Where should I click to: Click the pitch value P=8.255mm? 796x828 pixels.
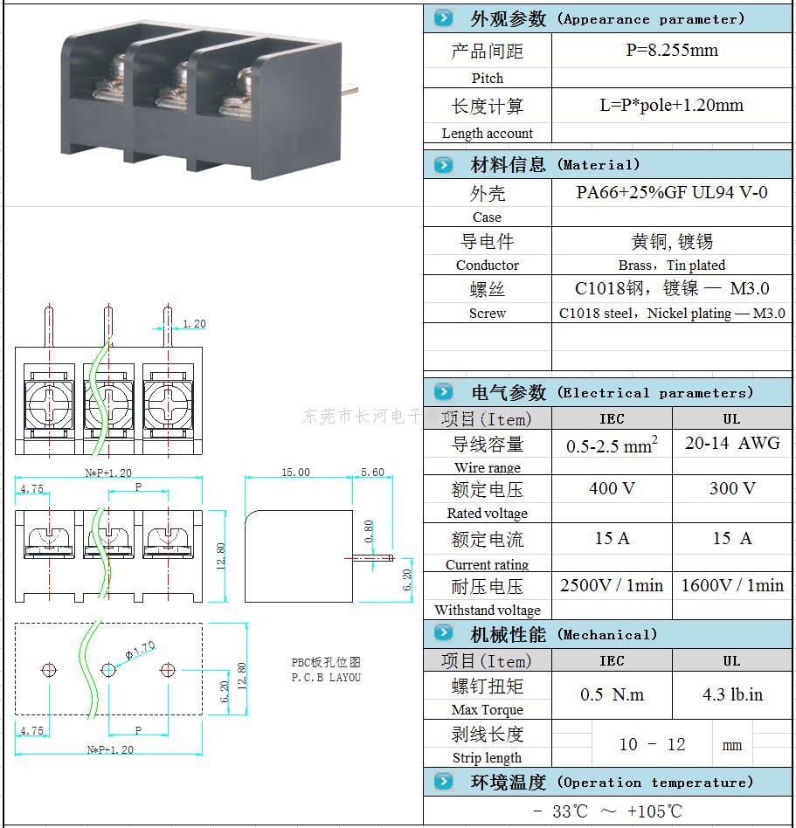pos(671,50)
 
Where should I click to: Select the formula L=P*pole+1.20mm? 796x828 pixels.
pos(671,106)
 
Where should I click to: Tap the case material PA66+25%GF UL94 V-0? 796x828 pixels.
pos(671,192)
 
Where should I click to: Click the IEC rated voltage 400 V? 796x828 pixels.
pos(612,488)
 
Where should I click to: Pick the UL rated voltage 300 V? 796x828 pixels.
pos(731,488)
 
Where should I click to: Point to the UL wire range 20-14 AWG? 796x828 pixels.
pos(731,443)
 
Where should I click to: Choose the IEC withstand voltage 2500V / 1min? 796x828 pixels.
pos(612,585)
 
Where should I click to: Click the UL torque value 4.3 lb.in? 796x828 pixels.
pos(731,694)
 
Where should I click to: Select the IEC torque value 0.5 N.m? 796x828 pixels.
pos(612,694)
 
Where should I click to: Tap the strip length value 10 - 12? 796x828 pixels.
pos(652,744)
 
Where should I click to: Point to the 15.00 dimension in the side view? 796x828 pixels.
pos(295,473)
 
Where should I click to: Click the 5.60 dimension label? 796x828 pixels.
pos(372,473)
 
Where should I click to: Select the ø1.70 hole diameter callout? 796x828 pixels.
pos(140,650)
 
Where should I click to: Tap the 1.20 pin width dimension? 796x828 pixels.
pos(194,324)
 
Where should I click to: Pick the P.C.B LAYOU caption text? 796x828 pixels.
pos(326,677)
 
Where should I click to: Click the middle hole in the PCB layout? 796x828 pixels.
pos(108,670)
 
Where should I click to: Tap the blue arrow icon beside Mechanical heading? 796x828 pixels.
pos(444,633)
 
